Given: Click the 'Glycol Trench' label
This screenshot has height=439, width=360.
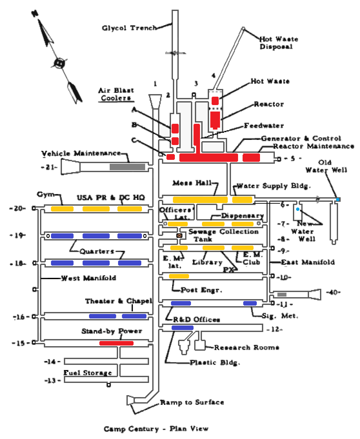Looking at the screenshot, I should click(129, 28).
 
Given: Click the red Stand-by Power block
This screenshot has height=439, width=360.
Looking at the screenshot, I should click(116, 343).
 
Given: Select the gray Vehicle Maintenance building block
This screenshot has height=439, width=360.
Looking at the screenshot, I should click(127, 167).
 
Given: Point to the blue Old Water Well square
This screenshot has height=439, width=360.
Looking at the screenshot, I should click(338, 200).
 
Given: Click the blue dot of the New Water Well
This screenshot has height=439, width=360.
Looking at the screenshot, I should click(297, 210).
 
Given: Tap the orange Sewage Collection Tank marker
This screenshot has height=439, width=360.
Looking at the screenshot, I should click(179, 236).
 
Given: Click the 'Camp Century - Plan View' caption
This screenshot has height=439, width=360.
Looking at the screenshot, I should click(156, 429).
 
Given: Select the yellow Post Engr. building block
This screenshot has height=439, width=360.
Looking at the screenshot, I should click(179, 276).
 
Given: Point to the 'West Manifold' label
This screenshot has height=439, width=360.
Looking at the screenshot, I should click(88, 278).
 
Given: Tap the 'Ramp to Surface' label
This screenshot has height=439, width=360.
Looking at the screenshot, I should click(192, 402).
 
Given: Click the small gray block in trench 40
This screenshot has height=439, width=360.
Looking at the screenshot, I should click(282, 295).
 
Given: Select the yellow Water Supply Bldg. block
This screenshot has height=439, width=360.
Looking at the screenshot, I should click(242, 200).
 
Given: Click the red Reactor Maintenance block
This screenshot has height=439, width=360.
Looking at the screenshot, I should click(251, 158).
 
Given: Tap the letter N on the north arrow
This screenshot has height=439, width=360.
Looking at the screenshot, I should click(35, 14).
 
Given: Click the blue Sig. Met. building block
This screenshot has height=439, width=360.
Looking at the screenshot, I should click(250, 303).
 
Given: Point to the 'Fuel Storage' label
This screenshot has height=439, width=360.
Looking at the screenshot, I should click(88, 373).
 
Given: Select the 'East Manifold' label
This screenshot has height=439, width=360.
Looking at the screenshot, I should click(308, 262).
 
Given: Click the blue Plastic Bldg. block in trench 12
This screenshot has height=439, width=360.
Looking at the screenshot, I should click(182, 328).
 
